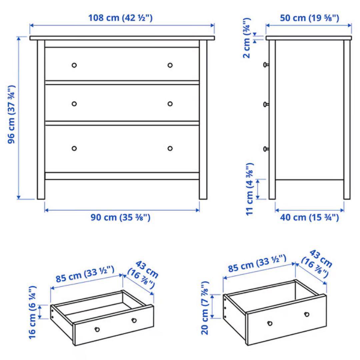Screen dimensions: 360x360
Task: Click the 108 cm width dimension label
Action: tap(120, 18)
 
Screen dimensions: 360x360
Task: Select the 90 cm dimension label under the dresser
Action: tap(120, 218)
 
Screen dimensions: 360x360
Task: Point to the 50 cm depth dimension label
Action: tap(309, 18)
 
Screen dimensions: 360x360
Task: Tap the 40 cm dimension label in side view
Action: tap(309, 218)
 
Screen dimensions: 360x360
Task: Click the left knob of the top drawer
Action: tap(74, 65)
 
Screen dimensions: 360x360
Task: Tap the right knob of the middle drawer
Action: tap(170, 104)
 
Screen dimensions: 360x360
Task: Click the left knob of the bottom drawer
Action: tap(74, 148)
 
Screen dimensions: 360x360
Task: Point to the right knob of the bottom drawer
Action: tap(170, 148)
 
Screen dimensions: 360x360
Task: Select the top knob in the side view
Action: tap(266, 65)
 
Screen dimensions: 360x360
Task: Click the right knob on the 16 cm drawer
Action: tap(134, 320)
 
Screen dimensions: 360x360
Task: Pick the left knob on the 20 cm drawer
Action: tap(270, 323)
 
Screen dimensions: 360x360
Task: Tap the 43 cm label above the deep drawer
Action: tap(316, 263)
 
